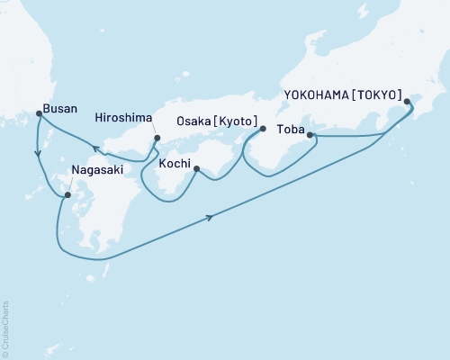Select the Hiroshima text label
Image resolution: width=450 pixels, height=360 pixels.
(121, 117)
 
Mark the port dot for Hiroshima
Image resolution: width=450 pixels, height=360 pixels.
(157, 139)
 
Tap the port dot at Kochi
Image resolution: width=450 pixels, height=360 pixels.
(195, 167)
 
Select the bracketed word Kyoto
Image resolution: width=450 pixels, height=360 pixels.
(236, 121)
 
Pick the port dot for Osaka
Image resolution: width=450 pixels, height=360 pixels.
(263, 129)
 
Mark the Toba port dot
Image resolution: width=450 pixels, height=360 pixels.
(310, 135)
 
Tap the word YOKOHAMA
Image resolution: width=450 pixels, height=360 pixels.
(318, 93)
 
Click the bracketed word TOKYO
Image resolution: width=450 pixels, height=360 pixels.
(378, 93)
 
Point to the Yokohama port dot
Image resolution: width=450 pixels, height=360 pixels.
(407, 101)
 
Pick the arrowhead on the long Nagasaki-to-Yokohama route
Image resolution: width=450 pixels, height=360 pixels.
(212, 217)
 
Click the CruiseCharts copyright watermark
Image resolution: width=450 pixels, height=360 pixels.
(5, 329)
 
